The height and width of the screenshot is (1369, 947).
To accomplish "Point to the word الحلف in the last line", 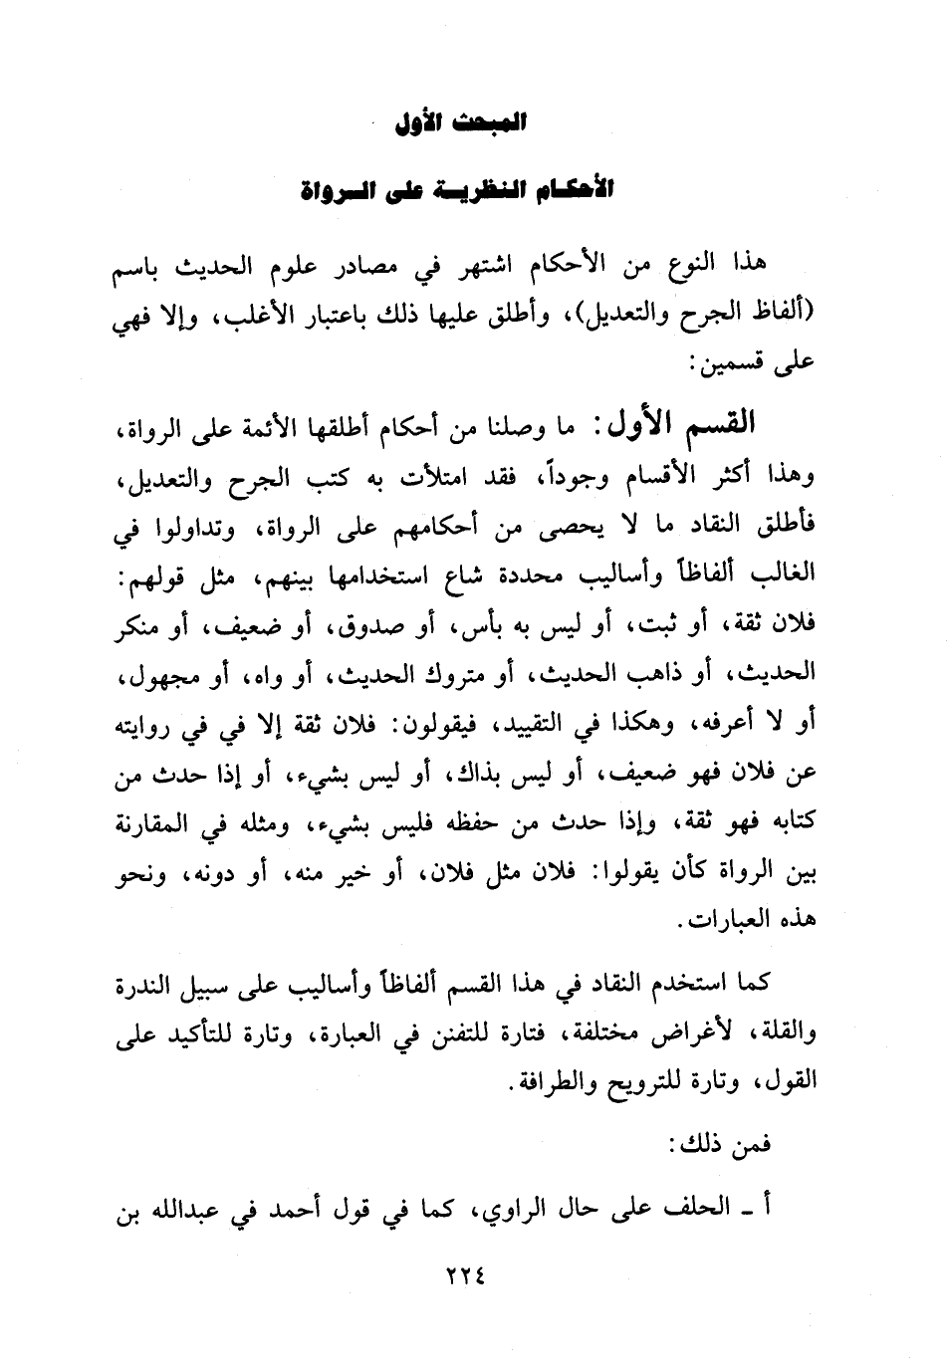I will [x=705, y=1209].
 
